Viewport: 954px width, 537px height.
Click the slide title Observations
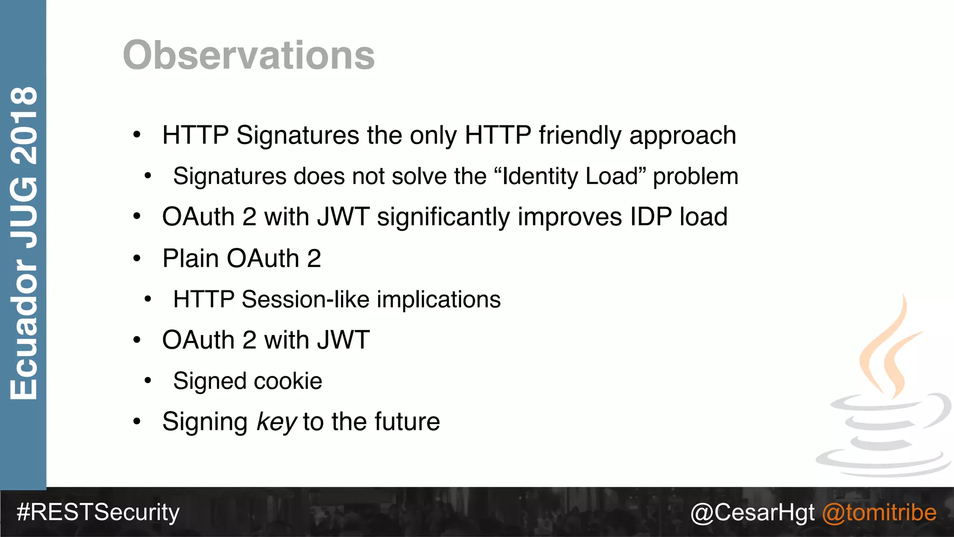point(249,55)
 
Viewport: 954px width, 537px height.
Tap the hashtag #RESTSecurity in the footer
point(98,512)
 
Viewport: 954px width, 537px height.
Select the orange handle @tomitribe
point(879,512)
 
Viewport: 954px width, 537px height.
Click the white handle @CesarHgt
point(752,512)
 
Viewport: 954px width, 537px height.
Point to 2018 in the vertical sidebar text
point(24,126)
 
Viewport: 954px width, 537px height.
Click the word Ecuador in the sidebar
point(24,329)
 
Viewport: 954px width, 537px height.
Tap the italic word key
point(276,422)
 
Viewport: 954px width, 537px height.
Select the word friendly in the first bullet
point(580,136)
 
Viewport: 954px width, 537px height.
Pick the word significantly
point(443,217)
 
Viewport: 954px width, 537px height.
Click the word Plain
point(191,258)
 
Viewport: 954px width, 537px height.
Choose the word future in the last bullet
point(407,422)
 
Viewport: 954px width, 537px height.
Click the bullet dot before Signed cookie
point(148,381)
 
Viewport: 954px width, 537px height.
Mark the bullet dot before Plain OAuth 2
point(136,258)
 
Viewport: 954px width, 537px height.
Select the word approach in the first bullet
point(682,136)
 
